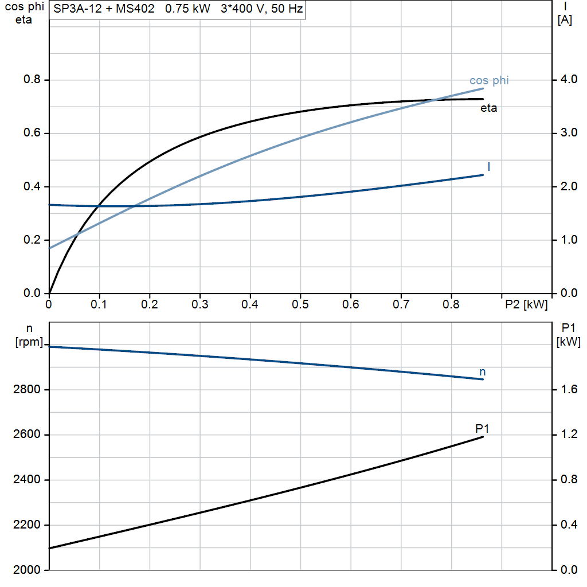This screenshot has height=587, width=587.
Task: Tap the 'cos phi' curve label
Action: [x=489, y=80]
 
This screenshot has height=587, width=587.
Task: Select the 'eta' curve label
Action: [x=488, y=108]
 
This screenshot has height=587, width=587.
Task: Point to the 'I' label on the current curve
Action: [x=488, y=166]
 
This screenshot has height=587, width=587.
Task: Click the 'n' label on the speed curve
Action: [x=483, y=372]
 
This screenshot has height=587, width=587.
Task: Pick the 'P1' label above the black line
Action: [x=482, y=428]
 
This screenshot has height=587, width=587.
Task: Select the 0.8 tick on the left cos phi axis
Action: [x=32, y=80]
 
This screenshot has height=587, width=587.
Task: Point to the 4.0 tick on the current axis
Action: [x=568, y=80]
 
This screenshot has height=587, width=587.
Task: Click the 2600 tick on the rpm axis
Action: [x=26, y=435]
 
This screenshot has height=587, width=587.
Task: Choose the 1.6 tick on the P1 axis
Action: [x=568, y=390]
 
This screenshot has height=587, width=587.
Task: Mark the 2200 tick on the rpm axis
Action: [x=26, y=525]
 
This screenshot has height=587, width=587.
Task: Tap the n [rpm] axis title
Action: [x=28, y=335]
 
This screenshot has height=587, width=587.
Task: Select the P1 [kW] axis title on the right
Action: [x=568, y=335]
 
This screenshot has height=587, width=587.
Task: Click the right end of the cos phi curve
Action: [x=483, y=88]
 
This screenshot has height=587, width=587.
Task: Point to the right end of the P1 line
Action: [x=483, y=437]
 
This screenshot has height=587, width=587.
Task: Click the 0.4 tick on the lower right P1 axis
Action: [x=568, y=525]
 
